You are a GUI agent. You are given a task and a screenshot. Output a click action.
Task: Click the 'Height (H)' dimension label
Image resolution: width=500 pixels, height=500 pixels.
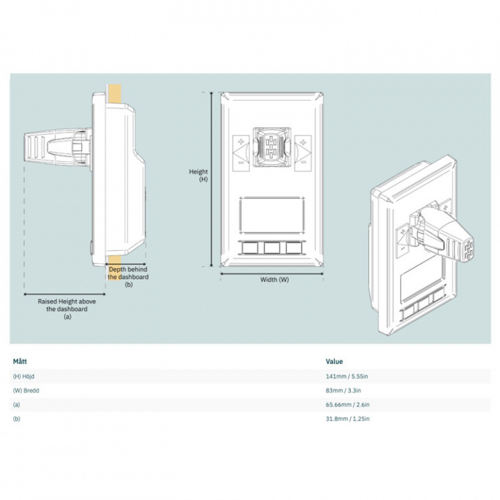point(199,175)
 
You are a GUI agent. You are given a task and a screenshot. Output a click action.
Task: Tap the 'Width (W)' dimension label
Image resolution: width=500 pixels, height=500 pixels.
point(274,280)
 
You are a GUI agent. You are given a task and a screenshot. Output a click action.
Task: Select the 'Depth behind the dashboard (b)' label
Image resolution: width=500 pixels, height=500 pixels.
point(128,276)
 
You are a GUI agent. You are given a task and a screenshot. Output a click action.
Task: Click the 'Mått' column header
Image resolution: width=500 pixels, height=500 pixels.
point(20,361)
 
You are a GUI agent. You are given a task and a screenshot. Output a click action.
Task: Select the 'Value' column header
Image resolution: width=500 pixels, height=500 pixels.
point(334,361)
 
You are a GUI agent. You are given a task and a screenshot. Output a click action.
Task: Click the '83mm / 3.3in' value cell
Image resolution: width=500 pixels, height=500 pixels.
point(344,391)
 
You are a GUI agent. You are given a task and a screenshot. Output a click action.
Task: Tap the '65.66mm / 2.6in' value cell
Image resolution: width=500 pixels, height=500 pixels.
point(348,405)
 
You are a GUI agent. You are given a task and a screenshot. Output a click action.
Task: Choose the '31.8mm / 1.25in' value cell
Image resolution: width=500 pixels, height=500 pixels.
point(348,419)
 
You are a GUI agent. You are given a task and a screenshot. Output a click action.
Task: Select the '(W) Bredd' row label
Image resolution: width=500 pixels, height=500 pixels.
point(26,391)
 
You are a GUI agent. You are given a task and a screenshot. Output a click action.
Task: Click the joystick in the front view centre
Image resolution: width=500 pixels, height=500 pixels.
point(272,147)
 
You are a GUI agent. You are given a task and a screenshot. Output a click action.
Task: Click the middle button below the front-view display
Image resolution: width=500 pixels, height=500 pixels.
point(272,247)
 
